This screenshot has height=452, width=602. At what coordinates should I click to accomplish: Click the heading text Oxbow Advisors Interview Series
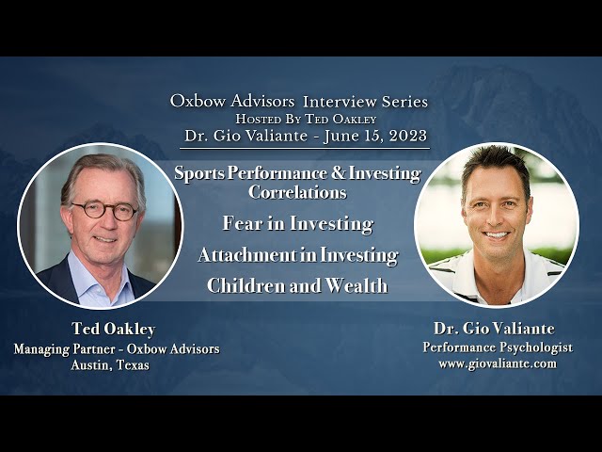click(298, 101)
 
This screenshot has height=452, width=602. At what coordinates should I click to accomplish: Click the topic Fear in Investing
click(297, 224)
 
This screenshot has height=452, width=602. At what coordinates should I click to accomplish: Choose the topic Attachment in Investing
click(297, 255)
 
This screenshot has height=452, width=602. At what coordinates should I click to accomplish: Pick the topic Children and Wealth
click(297, 286)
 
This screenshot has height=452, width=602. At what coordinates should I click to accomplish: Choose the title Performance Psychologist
click(497, 347)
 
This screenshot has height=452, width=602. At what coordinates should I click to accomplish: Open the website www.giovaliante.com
click(497, 363)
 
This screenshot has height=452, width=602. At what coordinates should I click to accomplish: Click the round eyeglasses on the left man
click(103, 211)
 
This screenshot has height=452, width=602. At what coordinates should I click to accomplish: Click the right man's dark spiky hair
click(495, 162)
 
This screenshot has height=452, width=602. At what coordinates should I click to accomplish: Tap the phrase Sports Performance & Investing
click(297, 174)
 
